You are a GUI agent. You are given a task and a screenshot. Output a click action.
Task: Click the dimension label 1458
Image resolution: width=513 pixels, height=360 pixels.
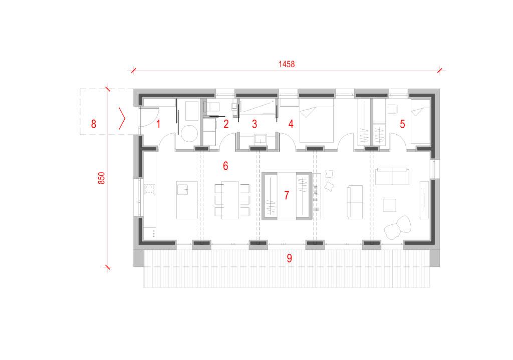(x=287, y=64)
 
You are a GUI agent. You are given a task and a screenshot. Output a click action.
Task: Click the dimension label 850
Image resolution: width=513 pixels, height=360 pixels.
(x=101, y=178)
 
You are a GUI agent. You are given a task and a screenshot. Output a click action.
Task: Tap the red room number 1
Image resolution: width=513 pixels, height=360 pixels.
(x=159, y=124)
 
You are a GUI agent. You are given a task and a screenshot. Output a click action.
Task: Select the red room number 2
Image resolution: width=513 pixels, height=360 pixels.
(x=226, y=124)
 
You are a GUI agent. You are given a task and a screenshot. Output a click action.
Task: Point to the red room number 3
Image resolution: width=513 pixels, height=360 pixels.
(x=254, y=124)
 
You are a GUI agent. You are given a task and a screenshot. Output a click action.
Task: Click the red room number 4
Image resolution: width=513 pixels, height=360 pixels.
(x=291, y=124)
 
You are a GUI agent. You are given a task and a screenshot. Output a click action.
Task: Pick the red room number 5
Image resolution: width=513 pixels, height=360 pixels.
(x=402, y=124)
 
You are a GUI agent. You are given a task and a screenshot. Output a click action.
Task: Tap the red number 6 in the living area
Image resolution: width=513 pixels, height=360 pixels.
(x=225, y=166)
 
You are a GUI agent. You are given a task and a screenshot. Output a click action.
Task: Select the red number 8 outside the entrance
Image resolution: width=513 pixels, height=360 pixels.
(x=94, y=124)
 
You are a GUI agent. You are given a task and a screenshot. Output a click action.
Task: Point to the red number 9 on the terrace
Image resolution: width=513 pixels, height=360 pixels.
(x=290, y=258)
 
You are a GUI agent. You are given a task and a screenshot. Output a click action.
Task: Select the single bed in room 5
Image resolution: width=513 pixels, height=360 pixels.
(x=420, y=121)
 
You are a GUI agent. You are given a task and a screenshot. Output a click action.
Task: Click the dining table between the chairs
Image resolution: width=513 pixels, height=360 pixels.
(x=229, y=200)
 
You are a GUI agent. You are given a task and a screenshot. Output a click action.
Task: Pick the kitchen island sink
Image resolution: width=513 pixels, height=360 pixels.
(x=183, y=190)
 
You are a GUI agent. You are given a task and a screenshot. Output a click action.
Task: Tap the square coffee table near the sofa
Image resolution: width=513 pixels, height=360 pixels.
(x=389, y=205)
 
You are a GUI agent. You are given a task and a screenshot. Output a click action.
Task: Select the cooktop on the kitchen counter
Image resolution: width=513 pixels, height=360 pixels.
(x=149, y=190)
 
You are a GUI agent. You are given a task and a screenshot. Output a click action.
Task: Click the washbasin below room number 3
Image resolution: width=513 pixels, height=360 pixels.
(x=260, y=139)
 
